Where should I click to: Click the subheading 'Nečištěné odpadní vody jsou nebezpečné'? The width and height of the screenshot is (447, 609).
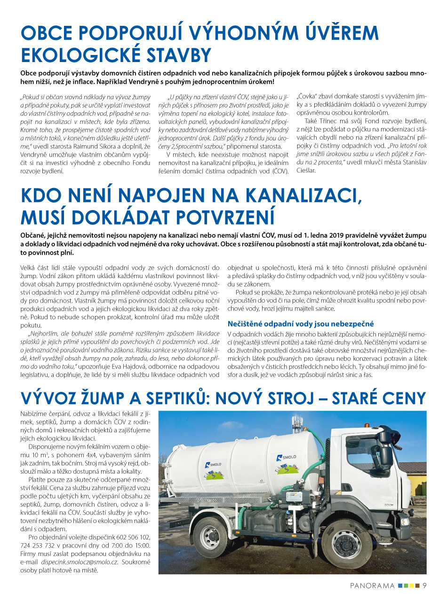click(301, 324)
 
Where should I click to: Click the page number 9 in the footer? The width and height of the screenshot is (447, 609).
click(424, 586)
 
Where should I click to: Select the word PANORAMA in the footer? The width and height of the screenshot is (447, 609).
click(372, 586)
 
